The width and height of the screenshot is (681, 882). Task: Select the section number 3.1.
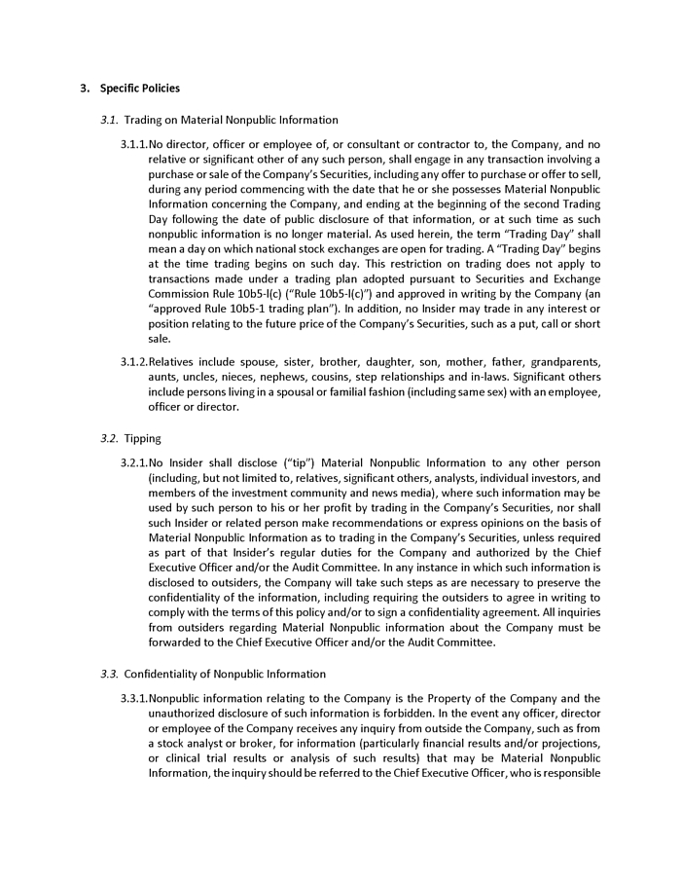coord(109,120)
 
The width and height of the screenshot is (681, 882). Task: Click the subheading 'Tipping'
coord(143,438)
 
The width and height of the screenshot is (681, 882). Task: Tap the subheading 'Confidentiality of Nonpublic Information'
coord(225,674)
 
